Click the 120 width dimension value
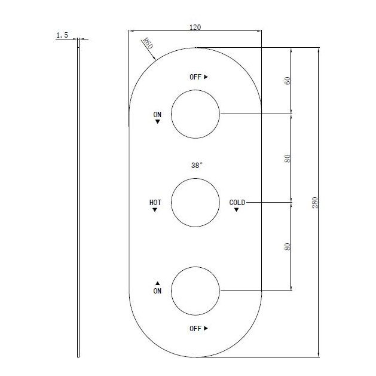[195, 27]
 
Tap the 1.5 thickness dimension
[62, 36]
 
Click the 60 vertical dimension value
[287, 81]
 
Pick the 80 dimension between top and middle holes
[287, 158]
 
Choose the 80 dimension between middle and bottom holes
[287, 246]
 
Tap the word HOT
[155, 203]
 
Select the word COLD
[237, 203]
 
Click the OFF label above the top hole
[195, 77]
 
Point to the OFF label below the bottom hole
[195, 329]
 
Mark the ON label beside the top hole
[157, 114]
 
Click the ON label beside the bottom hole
[157, 291]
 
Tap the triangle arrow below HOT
[155, 210]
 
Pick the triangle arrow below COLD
[237, 210]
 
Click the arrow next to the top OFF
[206, 77]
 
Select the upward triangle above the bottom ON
[157, 283]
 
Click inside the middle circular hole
[195, 203]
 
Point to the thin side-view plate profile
[78, 197]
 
